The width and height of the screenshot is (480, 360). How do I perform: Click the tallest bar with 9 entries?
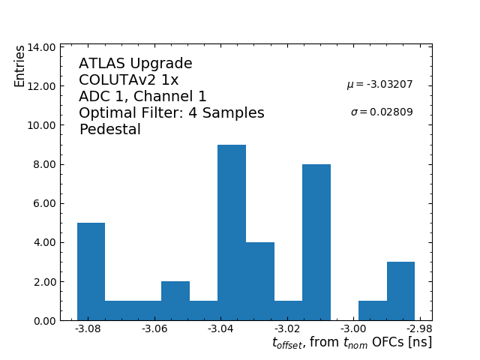[x=232, y=232]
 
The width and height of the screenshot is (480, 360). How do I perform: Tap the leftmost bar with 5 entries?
[x=91, y=271]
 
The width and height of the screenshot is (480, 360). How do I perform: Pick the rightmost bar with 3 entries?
[x=400, y=291]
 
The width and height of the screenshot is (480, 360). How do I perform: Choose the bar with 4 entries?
[x=260, y=281]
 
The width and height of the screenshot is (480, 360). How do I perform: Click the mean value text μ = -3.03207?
[x=379, y=85]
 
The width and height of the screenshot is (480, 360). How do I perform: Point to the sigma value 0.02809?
[x=382, y=112]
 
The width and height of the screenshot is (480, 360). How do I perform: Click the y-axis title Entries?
[x=19, y=65]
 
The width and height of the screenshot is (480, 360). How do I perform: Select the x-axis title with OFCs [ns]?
[x=352, y=343]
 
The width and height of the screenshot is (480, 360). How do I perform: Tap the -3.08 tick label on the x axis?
[x=88, y=328]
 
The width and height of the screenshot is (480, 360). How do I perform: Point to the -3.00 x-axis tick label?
[x=352, y=328]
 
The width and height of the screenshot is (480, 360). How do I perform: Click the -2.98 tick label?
[x=418, y=328]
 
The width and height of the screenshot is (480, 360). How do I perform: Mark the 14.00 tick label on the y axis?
[x=41, y=47]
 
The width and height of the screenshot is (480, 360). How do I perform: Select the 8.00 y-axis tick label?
[x=43, y=164]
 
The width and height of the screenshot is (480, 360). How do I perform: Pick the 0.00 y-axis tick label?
[x=43, y=321]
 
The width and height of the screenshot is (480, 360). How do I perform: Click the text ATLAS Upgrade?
[x=136, y=64]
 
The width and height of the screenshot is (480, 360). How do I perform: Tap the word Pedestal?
[x=109, y=130]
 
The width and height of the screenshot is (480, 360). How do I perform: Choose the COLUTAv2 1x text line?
[x=128, y=80]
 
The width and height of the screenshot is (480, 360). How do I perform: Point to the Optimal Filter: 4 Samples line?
[x=172, y=113]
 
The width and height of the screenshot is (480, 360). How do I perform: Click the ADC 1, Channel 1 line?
[x=142, y=97]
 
